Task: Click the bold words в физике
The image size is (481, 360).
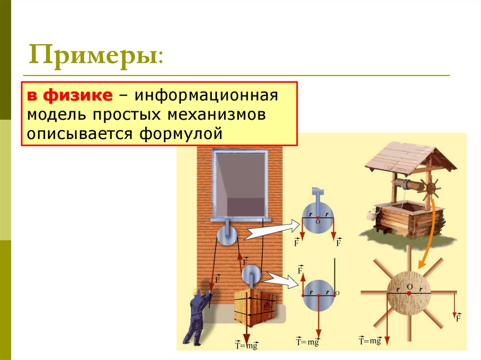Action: click(70, 96)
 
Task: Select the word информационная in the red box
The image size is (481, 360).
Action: click(205, 96)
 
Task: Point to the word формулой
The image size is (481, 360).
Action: click(180, 134)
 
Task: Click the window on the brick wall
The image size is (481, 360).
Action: click(240, 183)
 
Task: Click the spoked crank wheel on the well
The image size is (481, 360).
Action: click(431, 189)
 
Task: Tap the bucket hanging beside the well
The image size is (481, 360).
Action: click(372, 214)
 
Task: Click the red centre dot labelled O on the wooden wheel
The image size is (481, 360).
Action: click(409, 293)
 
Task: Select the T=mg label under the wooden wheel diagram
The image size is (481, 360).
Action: click(370, 341)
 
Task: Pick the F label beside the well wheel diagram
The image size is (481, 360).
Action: click(458, 318)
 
